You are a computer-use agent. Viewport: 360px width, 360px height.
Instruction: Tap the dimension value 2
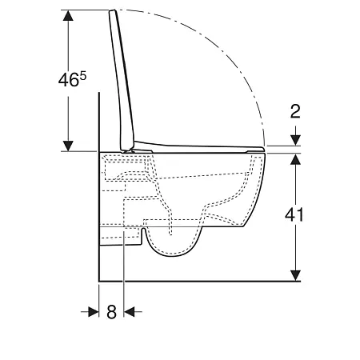coord(295,111)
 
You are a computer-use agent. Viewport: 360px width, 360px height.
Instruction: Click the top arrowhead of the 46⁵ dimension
coord(69,17)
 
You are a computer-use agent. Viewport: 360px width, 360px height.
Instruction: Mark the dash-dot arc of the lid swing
coord(232,56)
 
